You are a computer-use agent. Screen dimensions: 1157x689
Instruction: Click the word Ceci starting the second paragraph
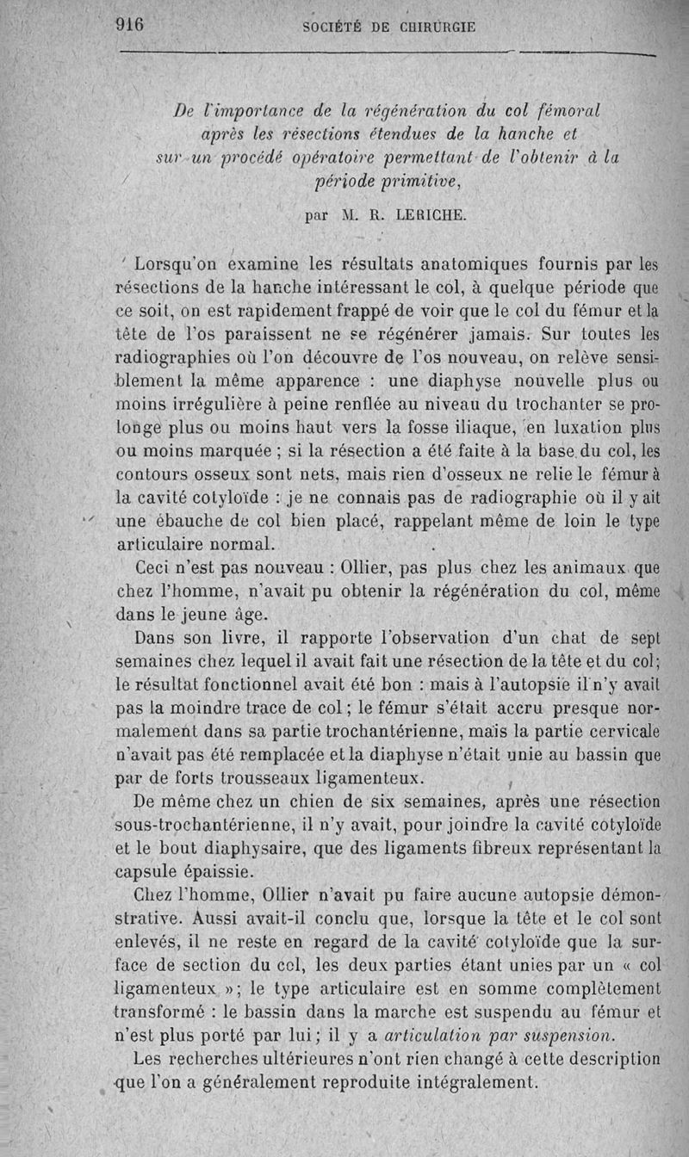point(158,568)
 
